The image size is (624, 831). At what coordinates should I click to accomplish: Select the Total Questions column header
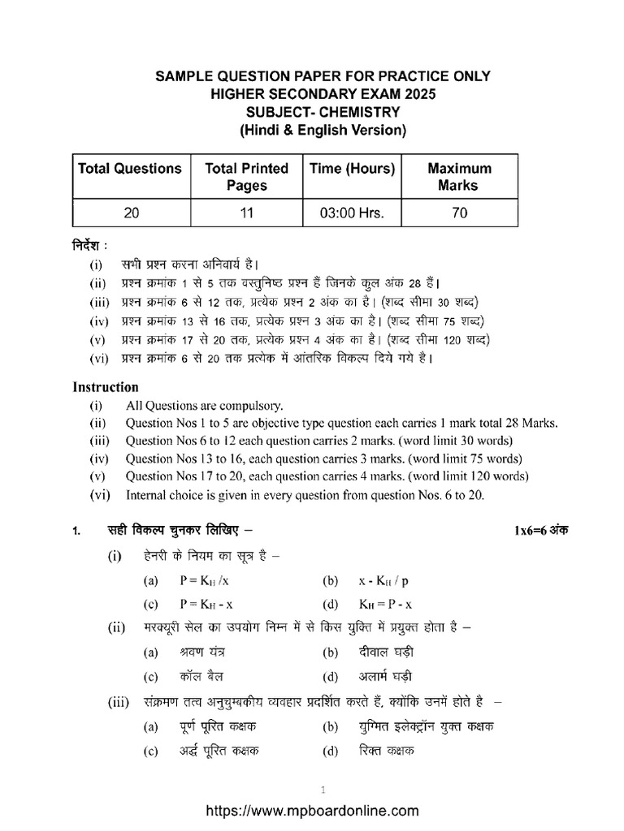(130, 169)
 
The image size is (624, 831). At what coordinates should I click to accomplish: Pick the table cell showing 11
(247, 213)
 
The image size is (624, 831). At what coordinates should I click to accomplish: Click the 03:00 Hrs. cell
(352, 213)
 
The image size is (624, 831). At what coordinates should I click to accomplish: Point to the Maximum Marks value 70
(459, 213)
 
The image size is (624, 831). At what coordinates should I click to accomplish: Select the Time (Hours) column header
(352, 169)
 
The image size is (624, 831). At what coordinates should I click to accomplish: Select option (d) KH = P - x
(386, 605)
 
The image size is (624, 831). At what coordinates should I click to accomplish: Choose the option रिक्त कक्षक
(387, 751)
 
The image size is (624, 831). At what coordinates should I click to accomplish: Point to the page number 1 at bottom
(323, 789)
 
